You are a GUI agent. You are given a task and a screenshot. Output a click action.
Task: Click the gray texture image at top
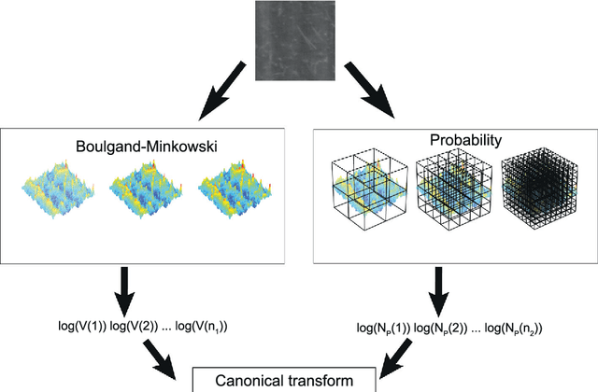pos(299,38)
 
